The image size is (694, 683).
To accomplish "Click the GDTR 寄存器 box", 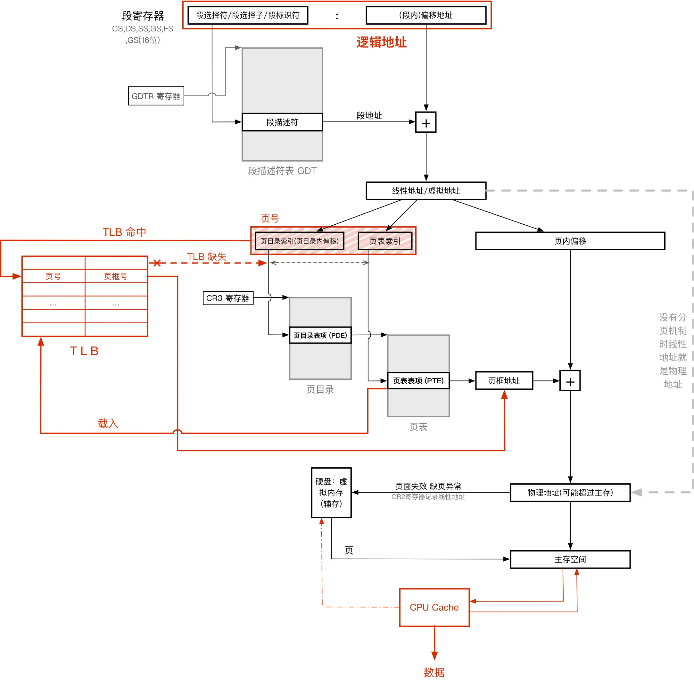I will click(156, 96).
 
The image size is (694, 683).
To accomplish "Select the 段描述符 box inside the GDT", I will click(282, 122).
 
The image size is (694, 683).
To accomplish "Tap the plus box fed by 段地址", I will click(426, 123).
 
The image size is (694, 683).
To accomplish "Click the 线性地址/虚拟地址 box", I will click(426, 191).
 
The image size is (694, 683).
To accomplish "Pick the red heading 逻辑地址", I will click(381, 42).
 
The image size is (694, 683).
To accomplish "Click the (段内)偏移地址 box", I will click(426, 15).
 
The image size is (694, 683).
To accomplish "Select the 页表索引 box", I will click(385, 241).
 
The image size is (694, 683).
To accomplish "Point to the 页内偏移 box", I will click(570, 241).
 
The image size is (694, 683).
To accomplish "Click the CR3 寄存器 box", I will click(228, 298).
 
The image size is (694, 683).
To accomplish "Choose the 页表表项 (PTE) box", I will click(418, 380).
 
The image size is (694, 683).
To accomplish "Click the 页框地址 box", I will click(504, 380).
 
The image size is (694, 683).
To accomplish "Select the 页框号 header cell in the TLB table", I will click(116, 276).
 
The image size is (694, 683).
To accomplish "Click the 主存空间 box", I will click(570, 559).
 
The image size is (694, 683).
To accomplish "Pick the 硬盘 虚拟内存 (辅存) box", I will click(331, 493).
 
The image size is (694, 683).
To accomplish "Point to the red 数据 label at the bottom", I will click(434, 672).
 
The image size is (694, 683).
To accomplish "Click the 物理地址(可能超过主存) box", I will click(570, 493).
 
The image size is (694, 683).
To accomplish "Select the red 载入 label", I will click(108, 424).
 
